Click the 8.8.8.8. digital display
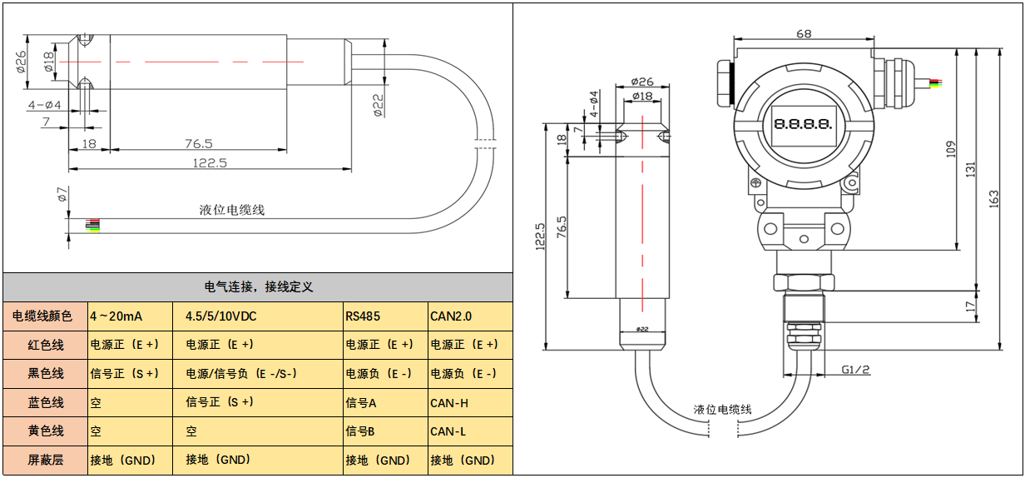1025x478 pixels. pyautogui.click(x=803, y=124)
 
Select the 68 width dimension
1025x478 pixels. pyautogui.click(x=804, y=34)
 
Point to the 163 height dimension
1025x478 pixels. pyautogui.click(x=994, y=201)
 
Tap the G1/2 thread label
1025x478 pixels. pyautogui.click(x=855, y=369)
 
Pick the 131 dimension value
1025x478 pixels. pyautogui.click(x=970, y=169)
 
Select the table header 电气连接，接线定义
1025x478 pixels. pyautogui.click(x=258, y=287)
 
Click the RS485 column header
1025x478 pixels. pyautogui.click(x=364, y=316)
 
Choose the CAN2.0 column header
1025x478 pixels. pyautogui.click(x=451, y=316)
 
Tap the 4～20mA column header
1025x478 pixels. pyautogui.click(x=116, y=316)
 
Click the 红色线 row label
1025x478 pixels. pyautogui.click(x=46, y=345)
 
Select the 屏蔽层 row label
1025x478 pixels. pyautogui.click(x=46, y=460)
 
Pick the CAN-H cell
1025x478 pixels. pyautogui.click(x=449, y=403)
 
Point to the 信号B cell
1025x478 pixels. pyautogui.click(x=361, y=431)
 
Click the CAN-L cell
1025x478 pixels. pyautogui.click(x=449, y=431)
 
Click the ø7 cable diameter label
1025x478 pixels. pyautogui.click(x=62, y=196)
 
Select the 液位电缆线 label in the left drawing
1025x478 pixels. pyautogui.click(x=232, y=210)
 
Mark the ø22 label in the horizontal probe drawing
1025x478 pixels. pyautogui.click(x=379, y=106)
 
